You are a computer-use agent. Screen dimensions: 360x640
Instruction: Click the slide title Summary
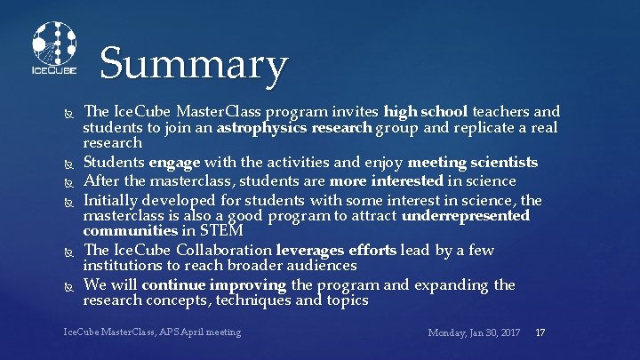194,65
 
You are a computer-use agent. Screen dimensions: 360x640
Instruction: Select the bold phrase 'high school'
426,112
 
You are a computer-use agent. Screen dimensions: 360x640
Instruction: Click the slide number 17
540,332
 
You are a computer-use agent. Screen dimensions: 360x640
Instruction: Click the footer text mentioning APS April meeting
152,332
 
